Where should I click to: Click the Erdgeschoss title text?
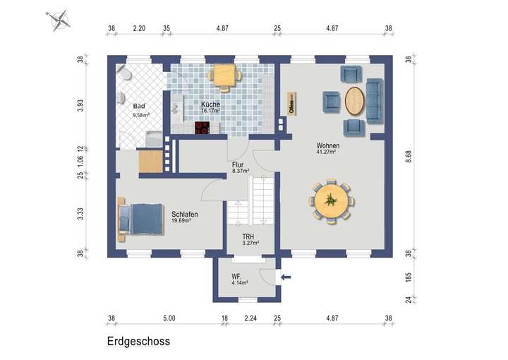pyautogui.click(x=138, y=341)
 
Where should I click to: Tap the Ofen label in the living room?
pyautogui.click(x=290, y=104)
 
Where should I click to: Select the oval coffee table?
pyautogui.click(x=354, y=100)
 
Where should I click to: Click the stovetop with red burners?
pyautogui.click(x=202, y=128)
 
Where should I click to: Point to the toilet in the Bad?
pyautogui.click(x=123, y=75)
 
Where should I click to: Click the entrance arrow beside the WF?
pyautogui.click(x=286, y=277)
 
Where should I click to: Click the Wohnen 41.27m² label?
pyautogui.click(x=327, y=148)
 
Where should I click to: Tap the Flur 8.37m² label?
pyautogui.click(x=240, y=167)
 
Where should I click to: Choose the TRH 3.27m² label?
pyautogui.click(x=248, y=239)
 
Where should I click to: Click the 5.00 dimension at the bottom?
pyautogui.click(x=169, y=319)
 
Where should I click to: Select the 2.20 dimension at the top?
pyautogui.click(x=139, y=29)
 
